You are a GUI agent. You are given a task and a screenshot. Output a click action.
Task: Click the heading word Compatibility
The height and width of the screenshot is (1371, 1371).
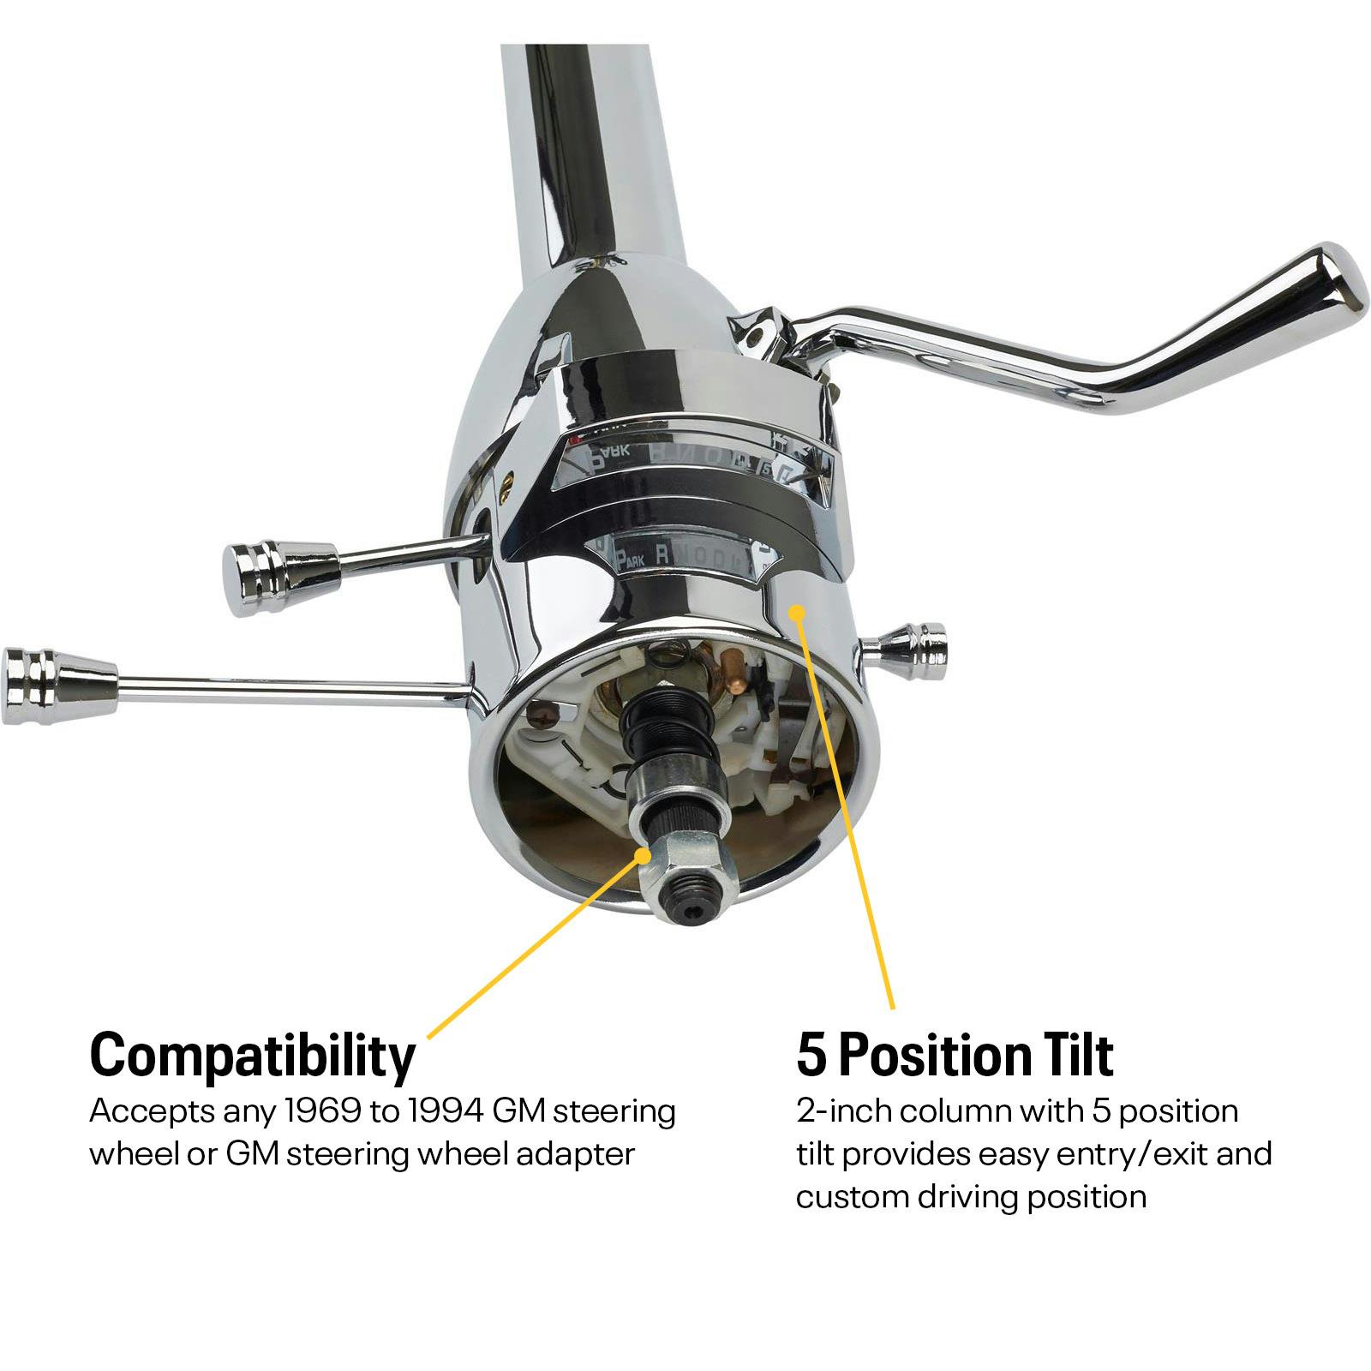(x=252, y=1056)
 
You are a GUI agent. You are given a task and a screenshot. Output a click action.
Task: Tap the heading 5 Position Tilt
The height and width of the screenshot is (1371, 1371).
(x=955, y=1056)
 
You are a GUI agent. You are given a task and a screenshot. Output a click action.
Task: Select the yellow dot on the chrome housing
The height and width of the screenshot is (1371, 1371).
(x=797, y=612)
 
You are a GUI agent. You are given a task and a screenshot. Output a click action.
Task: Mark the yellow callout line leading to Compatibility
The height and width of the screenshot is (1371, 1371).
(x=531, y=951)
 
